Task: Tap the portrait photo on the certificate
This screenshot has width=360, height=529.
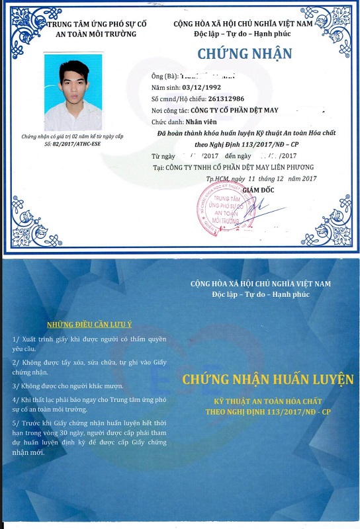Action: pyautogui.click(x=73, y=92)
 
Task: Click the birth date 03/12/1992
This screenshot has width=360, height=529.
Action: pyautogui.click(x=201, y=87)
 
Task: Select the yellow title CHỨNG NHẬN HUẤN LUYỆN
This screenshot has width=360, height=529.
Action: pyautogui.click(x=268, y=379)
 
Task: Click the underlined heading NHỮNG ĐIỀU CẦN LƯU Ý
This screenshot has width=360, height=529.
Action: pyautogui.click(x=90, y=324)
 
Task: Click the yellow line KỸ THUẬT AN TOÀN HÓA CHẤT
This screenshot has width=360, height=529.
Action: pyautogui.click(x=268, y=401)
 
